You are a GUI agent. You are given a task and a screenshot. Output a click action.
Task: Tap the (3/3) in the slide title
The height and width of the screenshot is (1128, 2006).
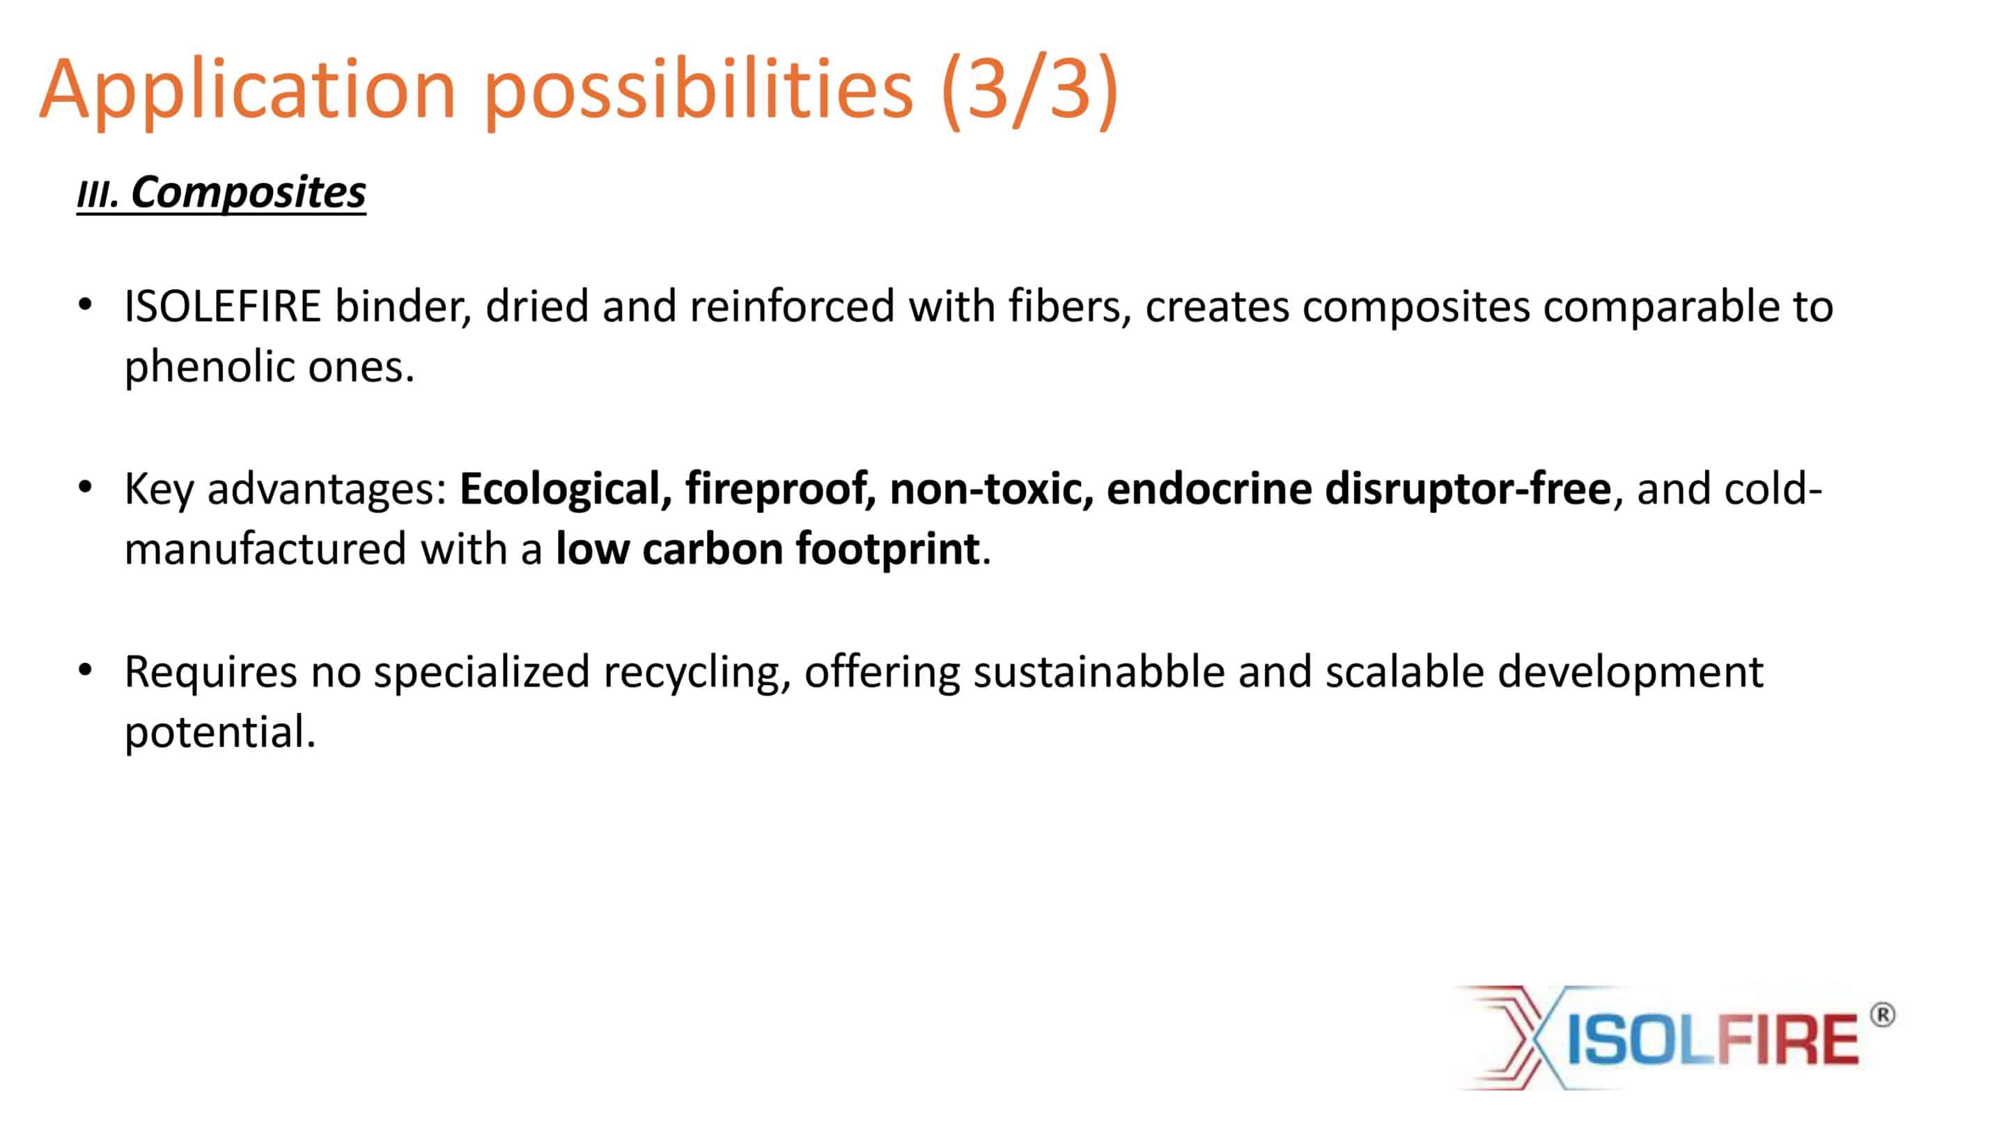[x=1029, y=91]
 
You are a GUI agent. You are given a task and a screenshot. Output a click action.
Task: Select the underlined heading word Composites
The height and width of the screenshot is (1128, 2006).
[x=249, y=192]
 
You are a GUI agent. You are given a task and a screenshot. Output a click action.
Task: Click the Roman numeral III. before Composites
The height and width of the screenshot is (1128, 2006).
[x=98, y=195]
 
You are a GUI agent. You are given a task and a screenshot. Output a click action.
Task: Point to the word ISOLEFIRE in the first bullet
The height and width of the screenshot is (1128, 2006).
[x=223, y=305]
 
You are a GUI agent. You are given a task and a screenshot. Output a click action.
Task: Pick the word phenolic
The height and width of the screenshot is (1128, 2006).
[x=210, y=367]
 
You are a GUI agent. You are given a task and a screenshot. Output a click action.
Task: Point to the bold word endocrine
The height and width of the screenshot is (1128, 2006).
[x=1208, y=488]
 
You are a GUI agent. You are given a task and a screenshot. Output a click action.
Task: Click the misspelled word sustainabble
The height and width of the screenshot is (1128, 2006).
[x=1099, y=672]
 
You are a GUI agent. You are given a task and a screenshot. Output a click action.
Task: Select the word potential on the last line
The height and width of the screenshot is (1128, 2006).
[x=219, y=733]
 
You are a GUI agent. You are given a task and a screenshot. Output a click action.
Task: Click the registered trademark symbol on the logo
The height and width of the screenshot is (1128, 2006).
[x=1882, y=1015]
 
